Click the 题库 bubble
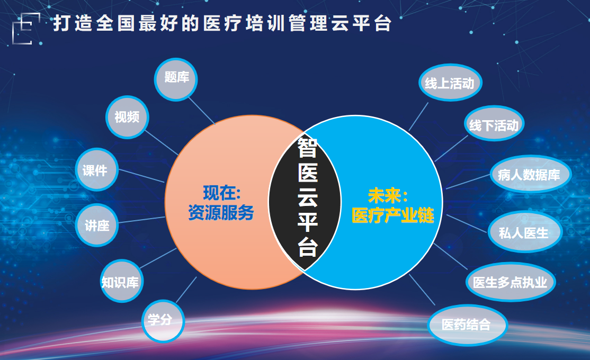coord(176,79)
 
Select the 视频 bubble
coord(127,118)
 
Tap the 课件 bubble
coord(97,169)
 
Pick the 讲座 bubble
coord(97,226)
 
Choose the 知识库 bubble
coord(121,281)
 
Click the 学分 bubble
coord(163,321)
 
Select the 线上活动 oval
coord(450,83)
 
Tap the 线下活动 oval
coord(494,123)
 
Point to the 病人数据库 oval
coord(531,174)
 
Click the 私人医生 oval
coord(525,232)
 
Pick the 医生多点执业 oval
coord(511,282)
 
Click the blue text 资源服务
coord(221,213)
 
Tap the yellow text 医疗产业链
coord(393,215)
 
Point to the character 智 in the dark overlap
coord(307,148)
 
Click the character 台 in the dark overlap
coord(307,247)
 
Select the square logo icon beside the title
coord(26,29)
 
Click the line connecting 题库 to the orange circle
coord(201,111)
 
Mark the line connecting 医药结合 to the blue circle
coord(422,290)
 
